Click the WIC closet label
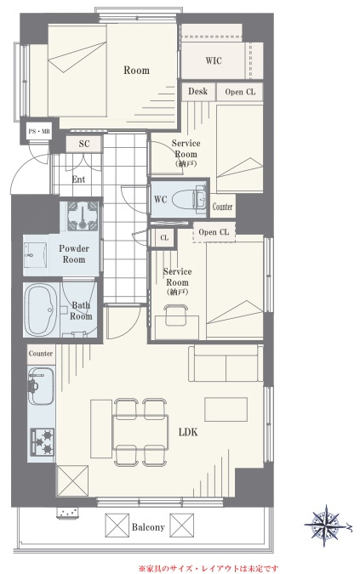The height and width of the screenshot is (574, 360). [214, 60]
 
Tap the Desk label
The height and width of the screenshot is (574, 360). [197, 91]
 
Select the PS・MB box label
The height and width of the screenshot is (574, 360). [39, 132]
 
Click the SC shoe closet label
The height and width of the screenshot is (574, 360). [84, 144]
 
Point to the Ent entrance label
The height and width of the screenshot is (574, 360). [78, 179]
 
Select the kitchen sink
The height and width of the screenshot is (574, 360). [41, 386]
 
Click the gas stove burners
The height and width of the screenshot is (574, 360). [42, 442]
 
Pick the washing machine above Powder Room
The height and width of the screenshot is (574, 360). [83, 216]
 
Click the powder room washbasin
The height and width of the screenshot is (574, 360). [36, 255]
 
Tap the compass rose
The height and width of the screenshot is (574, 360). [326, 526]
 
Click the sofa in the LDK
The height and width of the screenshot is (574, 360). [226, 363]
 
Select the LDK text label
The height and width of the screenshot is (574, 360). [188, 432]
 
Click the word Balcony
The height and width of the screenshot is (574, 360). [148, 527]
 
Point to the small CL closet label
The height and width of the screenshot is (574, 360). [164, 238]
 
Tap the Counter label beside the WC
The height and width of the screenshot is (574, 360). [223, 207]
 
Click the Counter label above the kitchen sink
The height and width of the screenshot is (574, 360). [41, 354]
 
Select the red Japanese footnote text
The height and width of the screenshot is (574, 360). [209, 569]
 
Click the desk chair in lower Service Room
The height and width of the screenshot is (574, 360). [176, 315]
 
